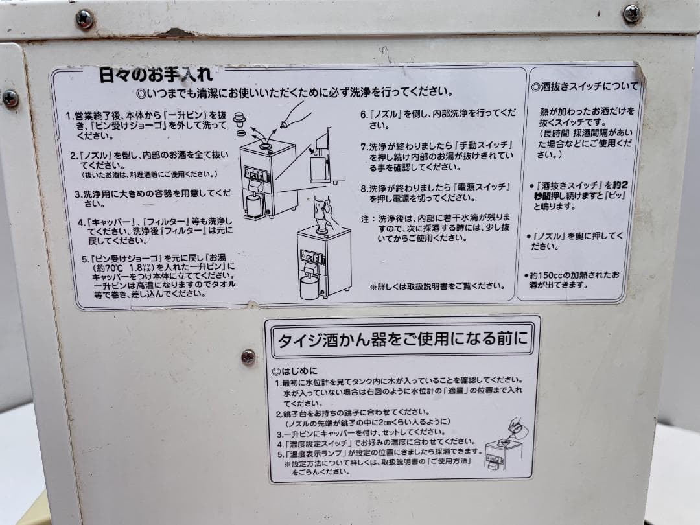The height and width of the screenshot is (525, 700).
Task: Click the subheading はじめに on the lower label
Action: (x=296, y=371)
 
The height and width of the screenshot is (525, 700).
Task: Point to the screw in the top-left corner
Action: (x=84, y=19)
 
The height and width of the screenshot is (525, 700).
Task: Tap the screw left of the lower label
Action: (x=248, y=356)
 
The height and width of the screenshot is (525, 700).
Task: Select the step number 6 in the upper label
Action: (x=364, y=113)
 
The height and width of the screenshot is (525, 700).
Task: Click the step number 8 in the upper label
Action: (x=364, y=187)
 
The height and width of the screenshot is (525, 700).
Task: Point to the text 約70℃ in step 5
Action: (x=106, y=266)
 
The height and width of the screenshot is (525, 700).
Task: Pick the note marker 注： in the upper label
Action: (x=366, y=218)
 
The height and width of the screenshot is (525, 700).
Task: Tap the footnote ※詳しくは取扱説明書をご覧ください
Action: (x=437, y=286)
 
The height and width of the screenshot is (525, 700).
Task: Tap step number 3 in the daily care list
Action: (x=76, y=193)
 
